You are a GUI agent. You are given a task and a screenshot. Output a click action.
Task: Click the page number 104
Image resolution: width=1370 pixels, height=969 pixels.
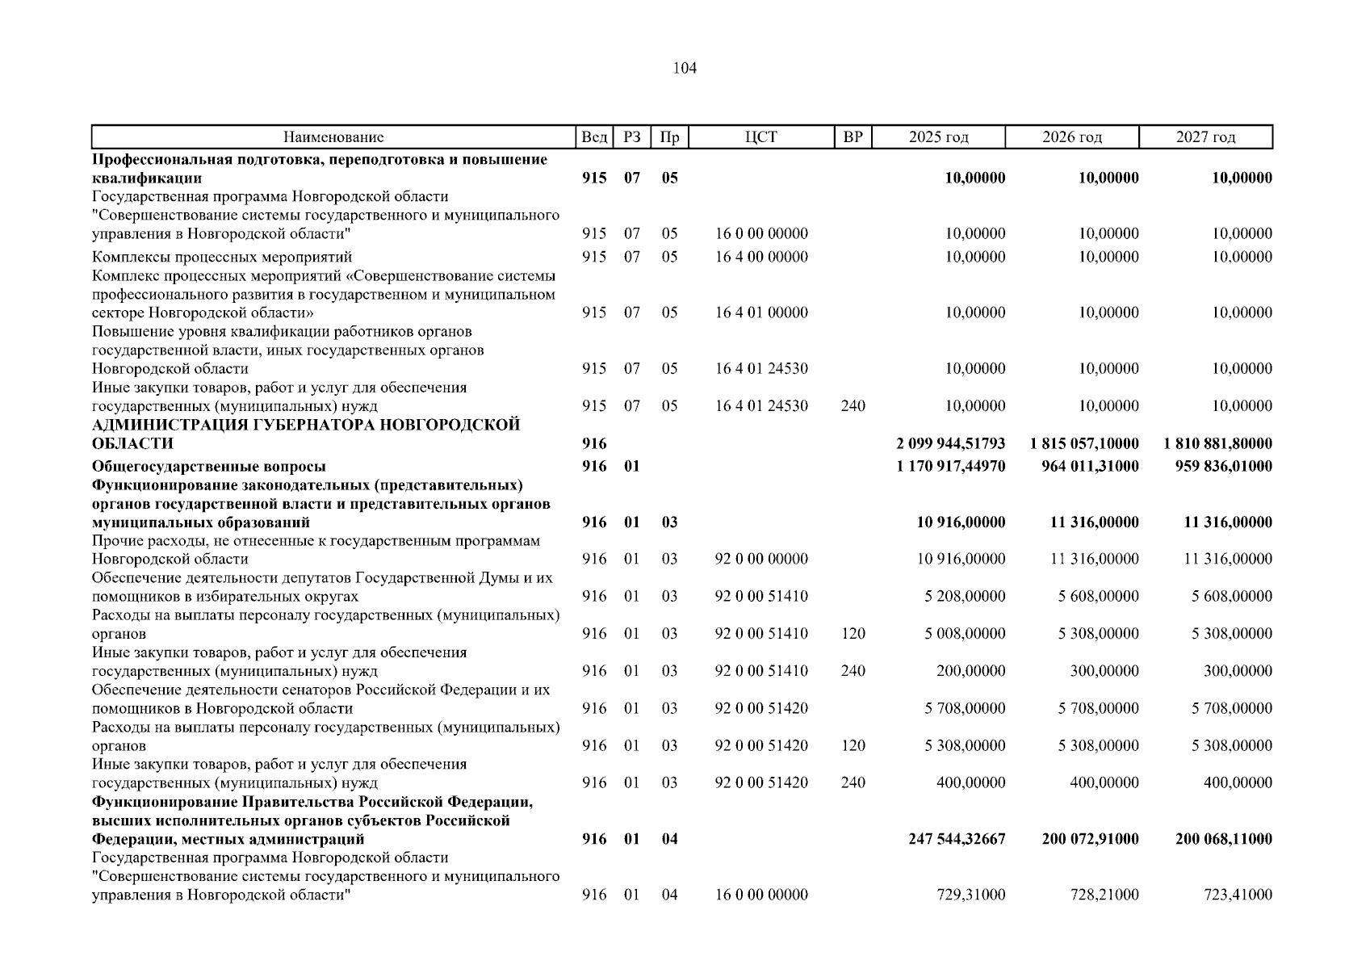click(x=684, y=69)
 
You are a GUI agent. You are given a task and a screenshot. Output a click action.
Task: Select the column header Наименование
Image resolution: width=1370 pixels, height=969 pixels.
click(x=333, y=137)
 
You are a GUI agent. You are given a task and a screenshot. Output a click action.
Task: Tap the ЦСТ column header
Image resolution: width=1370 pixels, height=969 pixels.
click(x=760, y=137)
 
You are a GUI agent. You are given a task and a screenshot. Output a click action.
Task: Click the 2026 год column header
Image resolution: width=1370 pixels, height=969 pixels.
click(x=1071, y=137)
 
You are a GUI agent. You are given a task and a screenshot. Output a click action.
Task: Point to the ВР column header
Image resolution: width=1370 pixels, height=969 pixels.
click(x=853, y=137)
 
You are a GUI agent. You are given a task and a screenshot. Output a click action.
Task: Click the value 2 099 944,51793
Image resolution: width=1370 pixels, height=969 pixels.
click(x=950, y=443)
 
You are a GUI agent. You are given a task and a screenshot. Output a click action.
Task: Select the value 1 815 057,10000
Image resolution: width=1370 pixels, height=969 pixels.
click(x=1084, y=443)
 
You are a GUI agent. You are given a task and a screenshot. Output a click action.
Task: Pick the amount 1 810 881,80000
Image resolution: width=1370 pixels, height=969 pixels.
click(x=1217, y=443)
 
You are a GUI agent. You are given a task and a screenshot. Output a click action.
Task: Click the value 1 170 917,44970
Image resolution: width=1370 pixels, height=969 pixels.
click(x=950, y=466)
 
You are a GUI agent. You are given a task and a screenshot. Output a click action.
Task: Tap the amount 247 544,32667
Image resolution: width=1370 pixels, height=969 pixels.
click(x=957, y=839)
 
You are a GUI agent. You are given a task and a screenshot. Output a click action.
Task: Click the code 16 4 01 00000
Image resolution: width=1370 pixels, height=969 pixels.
click(x=761, y=313)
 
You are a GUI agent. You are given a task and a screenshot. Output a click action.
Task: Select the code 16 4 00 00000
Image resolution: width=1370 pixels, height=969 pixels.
click(x=761, y=257)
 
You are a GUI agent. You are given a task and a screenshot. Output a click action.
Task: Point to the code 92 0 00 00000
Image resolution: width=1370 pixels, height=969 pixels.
click(x=761, y=559)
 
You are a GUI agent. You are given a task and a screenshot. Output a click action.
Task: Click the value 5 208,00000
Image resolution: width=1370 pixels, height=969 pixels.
click(x=965, y=596)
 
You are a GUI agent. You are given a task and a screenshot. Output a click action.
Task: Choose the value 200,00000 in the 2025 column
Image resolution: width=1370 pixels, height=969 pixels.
click(x=970, y=671)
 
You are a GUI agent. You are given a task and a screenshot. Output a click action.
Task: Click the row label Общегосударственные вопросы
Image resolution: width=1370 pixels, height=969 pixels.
click(x=209, y=466)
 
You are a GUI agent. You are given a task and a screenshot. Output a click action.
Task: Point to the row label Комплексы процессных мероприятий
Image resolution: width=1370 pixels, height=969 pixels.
click(x=222, y=257)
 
